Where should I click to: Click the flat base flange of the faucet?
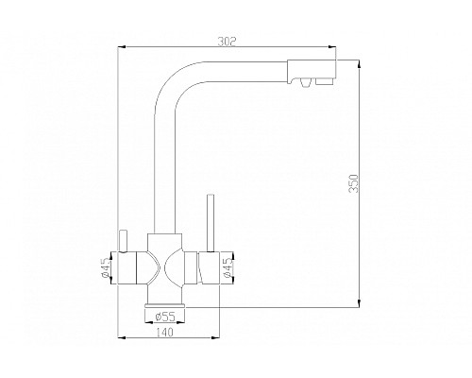click(166, 304)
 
